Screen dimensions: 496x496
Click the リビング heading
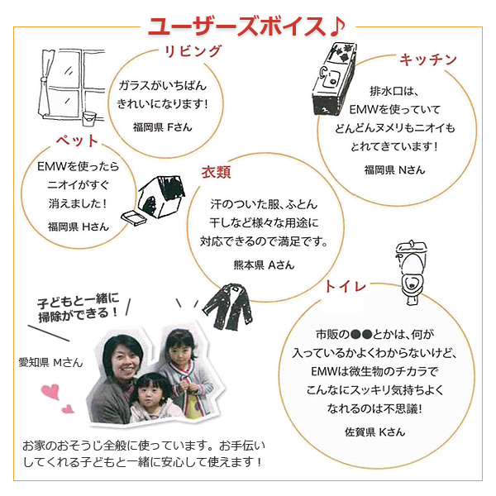192,51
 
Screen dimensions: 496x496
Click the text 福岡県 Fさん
164,128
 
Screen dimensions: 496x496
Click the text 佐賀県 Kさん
374,431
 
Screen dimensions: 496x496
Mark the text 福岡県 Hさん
79,225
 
